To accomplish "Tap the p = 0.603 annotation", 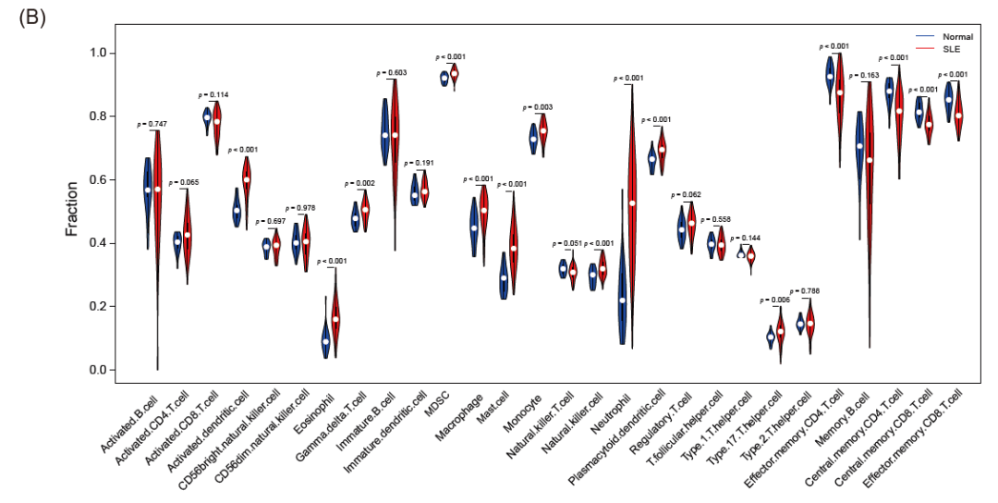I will coord(392,72).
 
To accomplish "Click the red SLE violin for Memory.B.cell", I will coord(869,185).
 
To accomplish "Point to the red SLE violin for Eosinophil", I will coord(336,314).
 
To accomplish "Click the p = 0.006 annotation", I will coord(773,301).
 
